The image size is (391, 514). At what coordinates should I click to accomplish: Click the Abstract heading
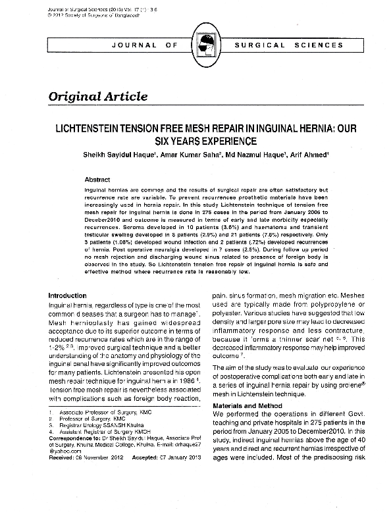97,179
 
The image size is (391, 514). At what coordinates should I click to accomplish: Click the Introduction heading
68,296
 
